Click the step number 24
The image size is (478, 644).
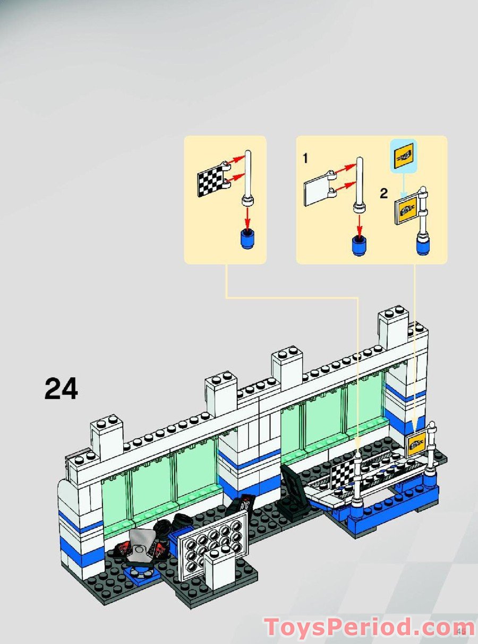pyautogui.click(x=61, y=388)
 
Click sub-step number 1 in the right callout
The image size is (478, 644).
pyautogui.click(x=305, y=158)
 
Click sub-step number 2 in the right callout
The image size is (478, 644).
pyautogui.click(x=383, y=193)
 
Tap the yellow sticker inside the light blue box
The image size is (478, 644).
pyautogui.click(x=404, y=155)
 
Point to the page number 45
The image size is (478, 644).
pyautogui.click(x=460, y=631)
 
